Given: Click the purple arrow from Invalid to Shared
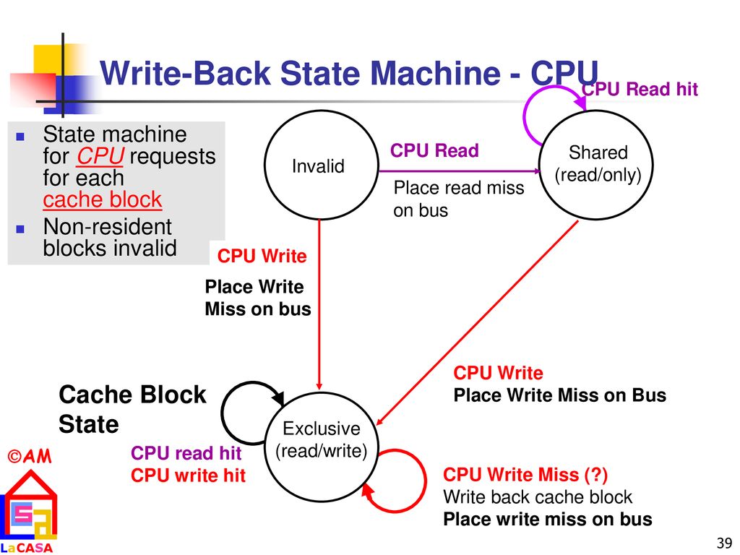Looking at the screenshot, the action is point(459,171).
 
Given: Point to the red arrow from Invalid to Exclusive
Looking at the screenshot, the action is point(319,305).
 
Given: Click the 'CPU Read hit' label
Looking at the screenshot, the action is point(640,89).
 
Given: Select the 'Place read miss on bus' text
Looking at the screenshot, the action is point(459,199).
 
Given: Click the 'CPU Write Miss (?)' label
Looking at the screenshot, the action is point(525,474).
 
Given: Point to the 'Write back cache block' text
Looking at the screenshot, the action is point(538,497).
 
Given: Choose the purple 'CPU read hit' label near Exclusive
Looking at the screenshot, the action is point(186,453).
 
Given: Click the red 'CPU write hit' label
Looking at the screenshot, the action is point(188,476).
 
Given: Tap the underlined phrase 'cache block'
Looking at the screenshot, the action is point(103,199).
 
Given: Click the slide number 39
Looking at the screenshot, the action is point(724,543).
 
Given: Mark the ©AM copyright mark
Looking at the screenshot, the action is point(30,456).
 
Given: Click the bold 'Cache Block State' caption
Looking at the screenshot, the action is point(132,409).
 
